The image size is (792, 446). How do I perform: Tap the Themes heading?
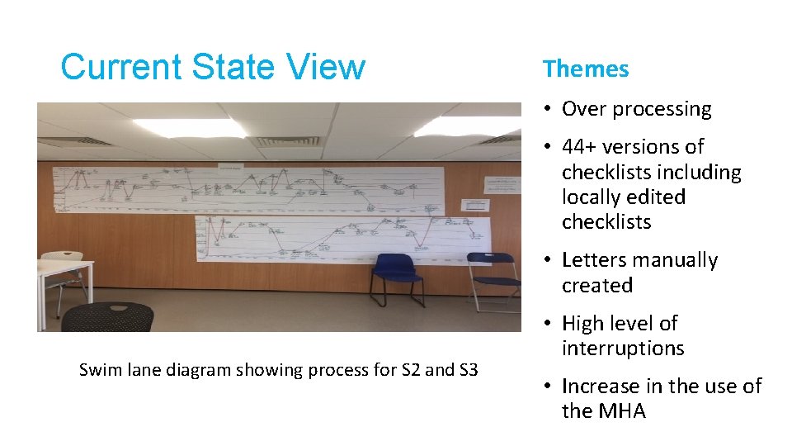[x=586, y=69]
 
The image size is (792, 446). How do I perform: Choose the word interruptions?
[x=623, y=349]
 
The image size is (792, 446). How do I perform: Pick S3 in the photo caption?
[x=466, y=370]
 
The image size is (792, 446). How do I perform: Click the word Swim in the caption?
[x=98, y=370]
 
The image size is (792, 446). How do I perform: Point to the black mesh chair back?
[x=107, y=317]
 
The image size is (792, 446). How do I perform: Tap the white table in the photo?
[x=64, y=273]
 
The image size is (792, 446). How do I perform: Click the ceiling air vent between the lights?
[x=284, y=140]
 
